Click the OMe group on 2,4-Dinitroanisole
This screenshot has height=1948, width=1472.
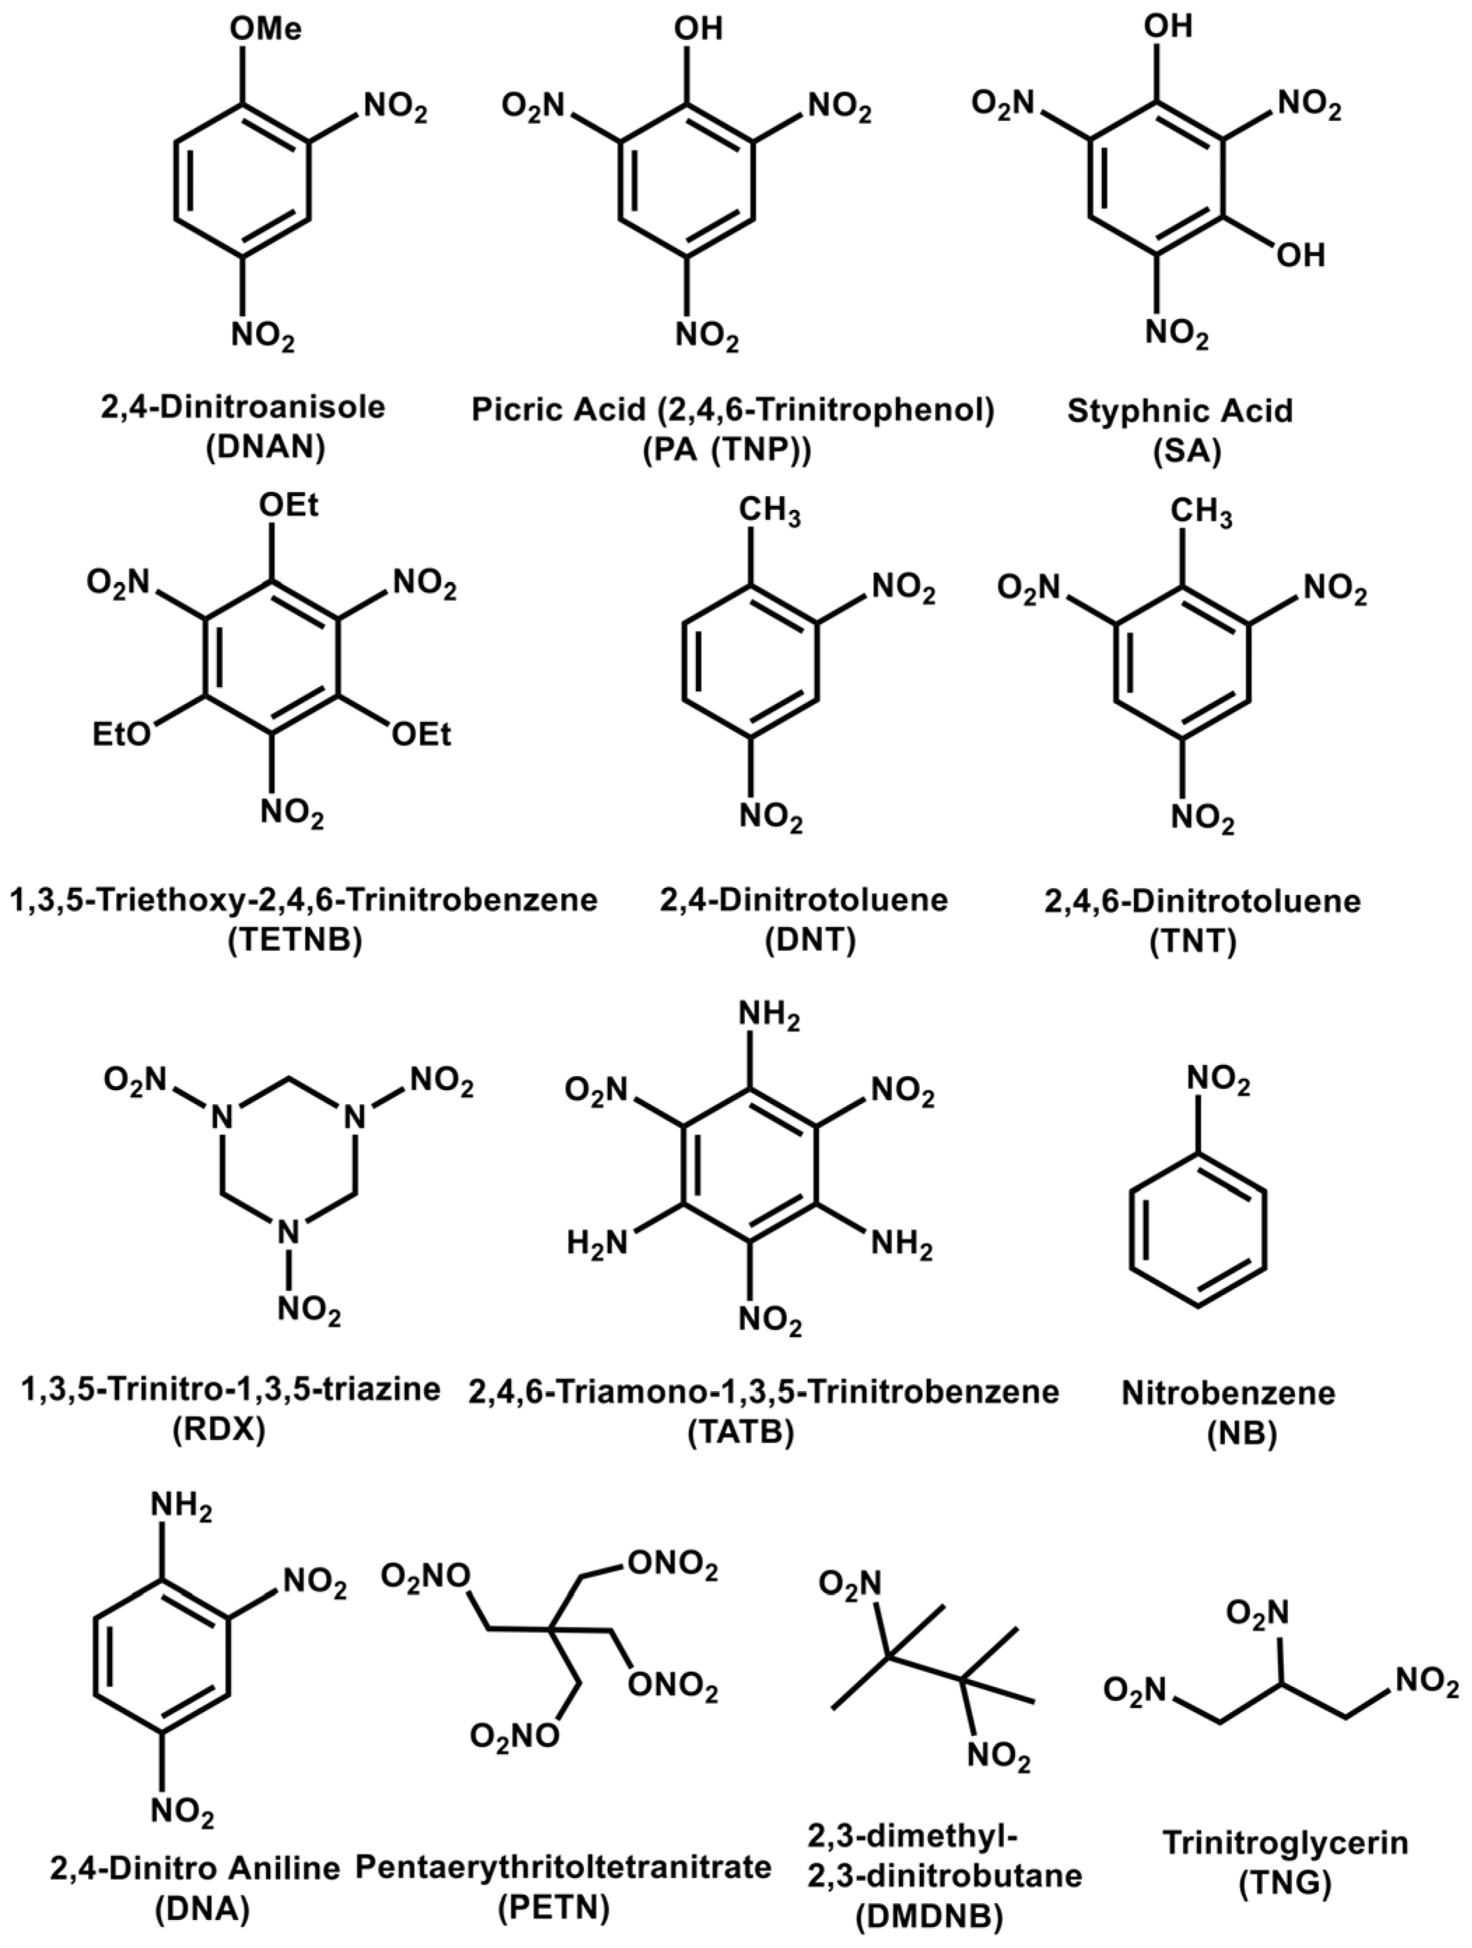pos(265,29)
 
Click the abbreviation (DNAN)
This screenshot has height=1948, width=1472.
pos(265,449)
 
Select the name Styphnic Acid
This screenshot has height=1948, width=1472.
pos(1180,411)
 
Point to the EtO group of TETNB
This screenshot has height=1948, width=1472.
pos(122,735)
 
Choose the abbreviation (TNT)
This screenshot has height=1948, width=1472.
pos(1194,941)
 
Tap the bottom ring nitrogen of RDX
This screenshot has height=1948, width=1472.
pos(283,1231)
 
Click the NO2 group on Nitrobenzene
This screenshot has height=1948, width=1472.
pos(1219,1080)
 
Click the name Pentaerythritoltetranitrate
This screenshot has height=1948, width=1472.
pos(563,1868)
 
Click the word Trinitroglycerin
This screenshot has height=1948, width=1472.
pos(1285,1842)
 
